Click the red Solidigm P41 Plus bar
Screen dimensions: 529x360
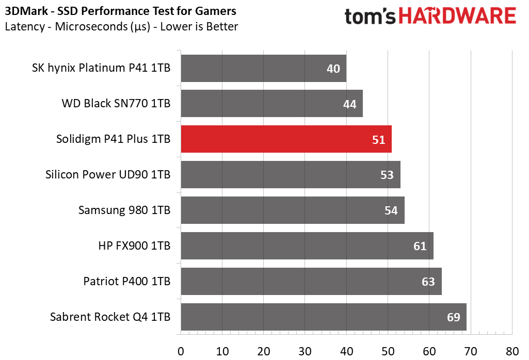pyautogui.click(x=286, y=139)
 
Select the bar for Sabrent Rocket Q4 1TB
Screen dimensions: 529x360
pyautogui.click(x=324, y=317)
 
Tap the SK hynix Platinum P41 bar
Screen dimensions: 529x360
pyautogui.click(x=264, y=68)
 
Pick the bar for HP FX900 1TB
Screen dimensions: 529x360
pyautogui.click(x=307, y=246)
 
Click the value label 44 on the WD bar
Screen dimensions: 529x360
pyautogui.click(x=349, y=104)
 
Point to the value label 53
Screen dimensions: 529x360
pyautogui.click(x=387, y=175)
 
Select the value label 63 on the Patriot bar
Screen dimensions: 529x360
pyautogui.click(x=428, y=282)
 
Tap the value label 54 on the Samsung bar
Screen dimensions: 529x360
pyautogui.click(x=391, y=210)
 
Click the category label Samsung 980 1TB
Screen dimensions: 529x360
pyautogui.click(x=124, y=210)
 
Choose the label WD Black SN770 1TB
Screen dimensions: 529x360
pyautogui.click(x=116, y=103)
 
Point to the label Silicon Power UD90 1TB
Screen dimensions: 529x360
pyautogui.click(x=108, y=174)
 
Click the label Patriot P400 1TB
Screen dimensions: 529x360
pyautogui.click(x=127, y=281)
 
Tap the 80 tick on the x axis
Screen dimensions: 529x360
pyautogui.click(x=512, y=351)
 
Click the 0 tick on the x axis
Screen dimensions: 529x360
pyautogui.click(x=181, y=351)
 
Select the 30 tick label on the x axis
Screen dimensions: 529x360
pyautogui.click(x=305, y=351)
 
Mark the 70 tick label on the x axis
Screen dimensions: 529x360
pyautogui.click(x=471, y=351)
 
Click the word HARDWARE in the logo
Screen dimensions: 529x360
pyautogui.click(x=457, y=16)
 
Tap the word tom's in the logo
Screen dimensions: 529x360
pyautogui.click(x=370, y=17)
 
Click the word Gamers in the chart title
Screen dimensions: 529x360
pyautogui.click(x=216, y=11)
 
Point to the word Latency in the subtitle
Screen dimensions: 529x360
pyautogui.click(x=25, y=26)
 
